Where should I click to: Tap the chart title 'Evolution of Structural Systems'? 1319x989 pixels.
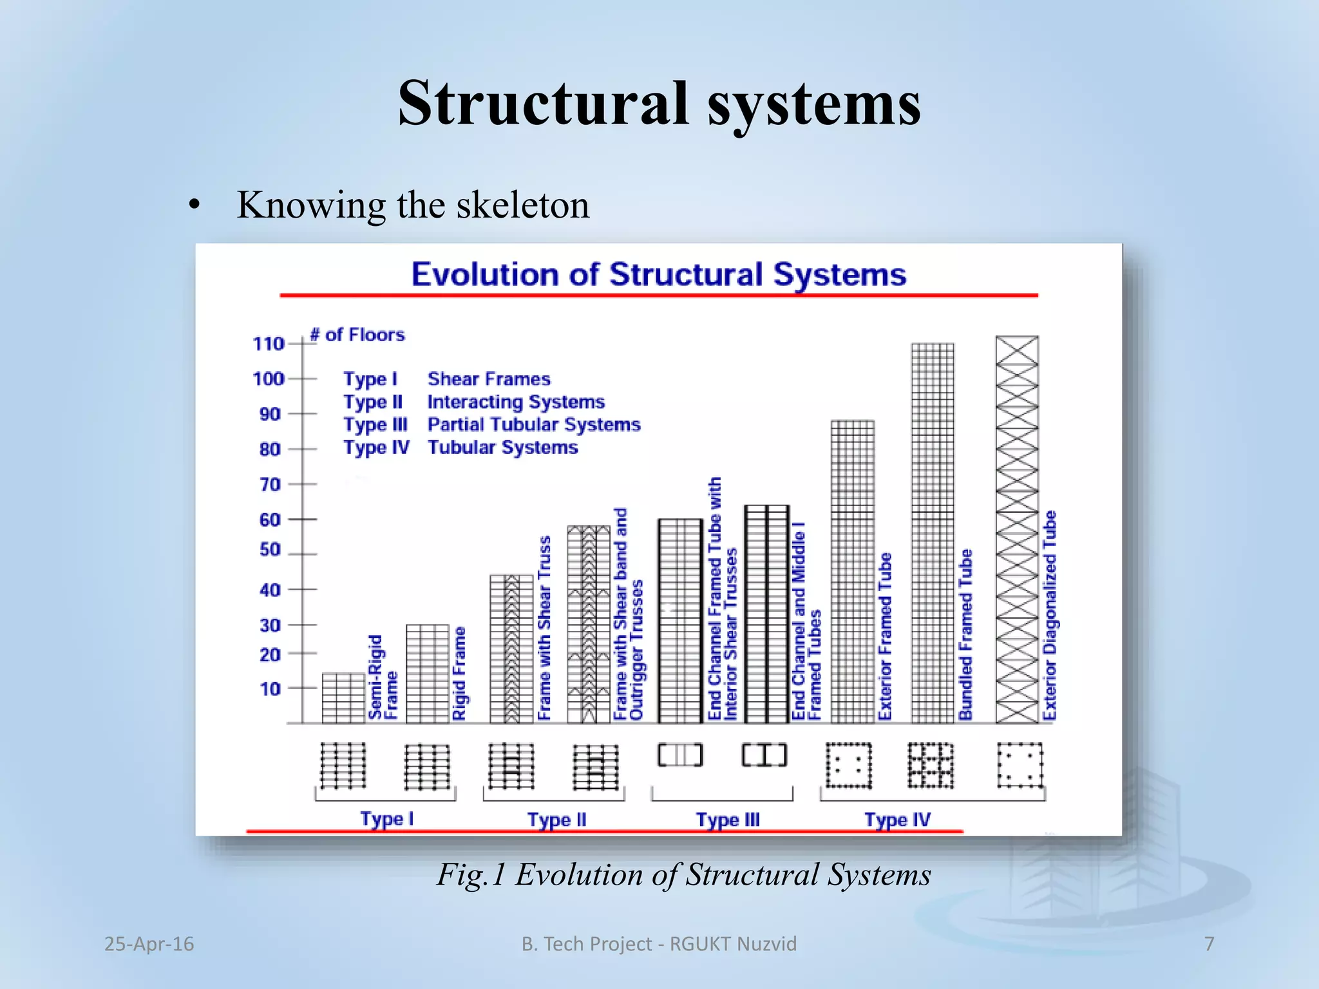(x=658, y=274)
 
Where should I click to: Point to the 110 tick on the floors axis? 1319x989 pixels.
(x=269, y=344)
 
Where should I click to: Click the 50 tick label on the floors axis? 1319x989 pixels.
(x=270, y=550)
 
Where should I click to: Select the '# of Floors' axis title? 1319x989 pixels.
(x=357, y=335)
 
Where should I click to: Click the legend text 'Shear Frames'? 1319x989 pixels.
(x=489, y=379)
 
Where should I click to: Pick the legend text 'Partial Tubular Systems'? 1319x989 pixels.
(x=534, y=424)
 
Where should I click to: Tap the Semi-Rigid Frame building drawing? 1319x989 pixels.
(x=344, y=698)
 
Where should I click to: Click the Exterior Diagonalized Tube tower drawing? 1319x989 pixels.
(x=1017, y=529)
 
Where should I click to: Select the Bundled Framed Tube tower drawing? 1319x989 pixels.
(x=933, y=533)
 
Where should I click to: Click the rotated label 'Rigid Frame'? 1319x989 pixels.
(x=459, y=673)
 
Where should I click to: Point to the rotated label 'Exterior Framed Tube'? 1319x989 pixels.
(x=886, y=636)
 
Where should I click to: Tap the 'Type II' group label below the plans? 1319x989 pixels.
(x=556, y=820)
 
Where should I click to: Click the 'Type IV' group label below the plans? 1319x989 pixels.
(x=897, y=820)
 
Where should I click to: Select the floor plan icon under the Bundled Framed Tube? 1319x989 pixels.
(x=931, y=766)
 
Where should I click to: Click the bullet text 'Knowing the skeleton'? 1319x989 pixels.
(x=413, y=205)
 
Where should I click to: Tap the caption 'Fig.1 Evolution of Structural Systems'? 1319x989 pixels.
(x=684, y=874)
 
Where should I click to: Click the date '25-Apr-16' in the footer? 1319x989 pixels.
(x=149, y=944)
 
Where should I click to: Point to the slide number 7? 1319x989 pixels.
(x=1209, y=944)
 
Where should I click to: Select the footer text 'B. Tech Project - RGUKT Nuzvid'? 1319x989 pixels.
(x=659, y=944)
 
